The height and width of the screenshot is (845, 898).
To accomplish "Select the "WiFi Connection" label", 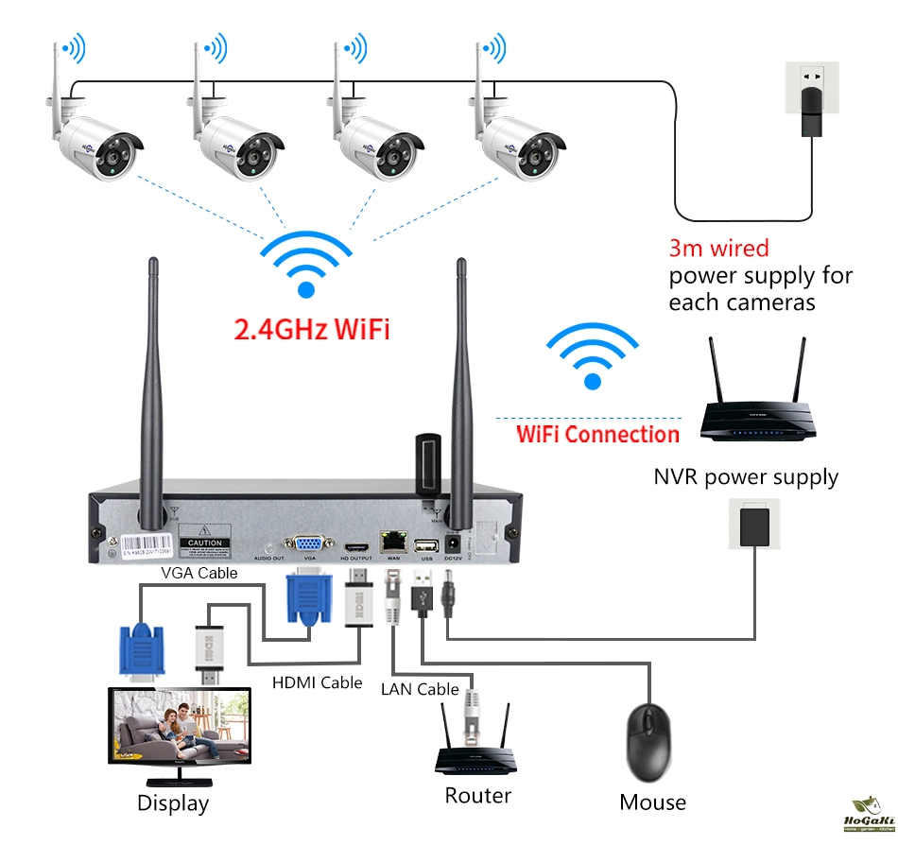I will pyautogui.click(x=597, y=435).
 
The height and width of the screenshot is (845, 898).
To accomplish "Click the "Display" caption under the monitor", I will pyautogui.click(x=173, y=803).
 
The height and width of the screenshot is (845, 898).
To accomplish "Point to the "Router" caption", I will pyautogui.click(x=478, y=795).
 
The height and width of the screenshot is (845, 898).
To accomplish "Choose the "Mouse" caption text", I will pyautogui.click(x=652, y=802).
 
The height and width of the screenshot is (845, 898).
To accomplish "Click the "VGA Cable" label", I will pyautogui.click(x=199, y=572).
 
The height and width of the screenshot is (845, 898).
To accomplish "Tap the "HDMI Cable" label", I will pyautogui.click(x=318, y=681).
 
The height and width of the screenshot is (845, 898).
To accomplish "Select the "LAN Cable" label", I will pyautogui.click(x=420, y=689).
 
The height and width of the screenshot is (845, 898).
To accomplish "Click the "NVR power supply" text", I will pyautogui.click(x=746, y=476).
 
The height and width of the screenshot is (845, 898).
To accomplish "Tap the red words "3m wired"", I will pyautogui.click(x=718, y=249).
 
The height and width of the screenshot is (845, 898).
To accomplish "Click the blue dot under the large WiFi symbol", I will pyautogui.click(x=305, y=290).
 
